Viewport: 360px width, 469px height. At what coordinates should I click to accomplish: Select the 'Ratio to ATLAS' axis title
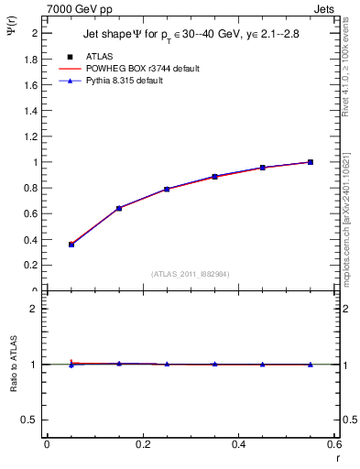click(15, 388)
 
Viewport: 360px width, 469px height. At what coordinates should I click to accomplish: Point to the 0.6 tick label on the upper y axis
click(31, 213)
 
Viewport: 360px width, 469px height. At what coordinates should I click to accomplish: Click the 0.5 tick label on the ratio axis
click(31, 420)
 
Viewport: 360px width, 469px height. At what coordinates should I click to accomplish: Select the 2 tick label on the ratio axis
click(35, 309)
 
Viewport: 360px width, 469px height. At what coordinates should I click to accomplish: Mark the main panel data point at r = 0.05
click(71, 245)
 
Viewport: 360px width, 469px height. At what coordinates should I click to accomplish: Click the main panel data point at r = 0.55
click(311, 162)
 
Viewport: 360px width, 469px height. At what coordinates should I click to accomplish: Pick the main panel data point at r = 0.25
click(167, 189)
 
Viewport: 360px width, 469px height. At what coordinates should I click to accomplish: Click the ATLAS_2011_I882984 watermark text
click(191, 273)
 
